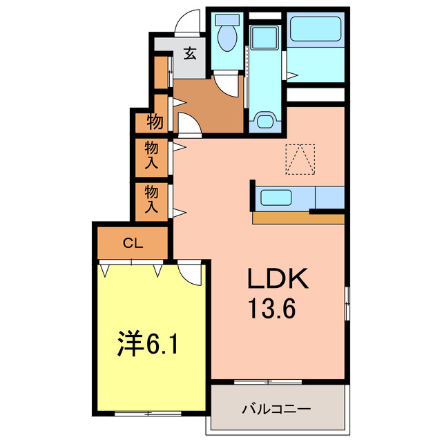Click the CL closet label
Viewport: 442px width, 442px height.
pos(133,242)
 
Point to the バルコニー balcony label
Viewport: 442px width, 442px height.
pos(276,408)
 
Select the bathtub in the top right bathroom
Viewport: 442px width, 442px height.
pos(316,31)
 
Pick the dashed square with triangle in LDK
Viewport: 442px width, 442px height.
pos(300,159)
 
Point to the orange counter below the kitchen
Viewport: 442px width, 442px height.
pos(298,219)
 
